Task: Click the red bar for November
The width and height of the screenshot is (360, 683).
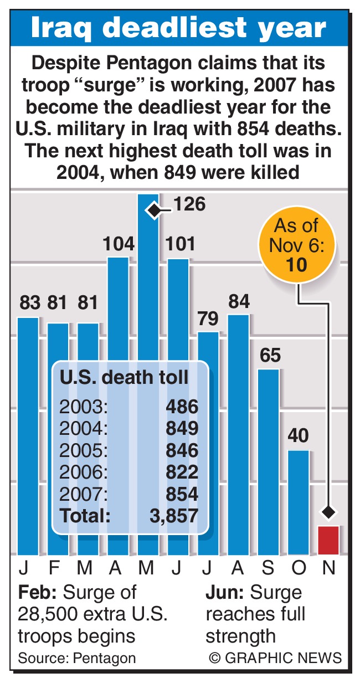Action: tap(328, 540)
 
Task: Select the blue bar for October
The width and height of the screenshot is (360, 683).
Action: tap(299, 501)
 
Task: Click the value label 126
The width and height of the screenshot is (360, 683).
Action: tap(189, 204)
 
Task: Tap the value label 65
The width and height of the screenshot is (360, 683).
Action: tap(270, 355)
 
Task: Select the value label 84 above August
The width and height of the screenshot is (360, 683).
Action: tap(239, 302)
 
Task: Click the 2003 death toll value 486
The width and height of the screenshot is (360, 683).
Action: tap(182, 407)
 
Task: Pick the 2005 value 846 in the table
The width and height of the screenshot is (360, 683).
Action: tap(182, 450)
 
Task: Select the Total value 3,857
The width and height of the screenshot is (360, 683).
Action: tap(173, 516)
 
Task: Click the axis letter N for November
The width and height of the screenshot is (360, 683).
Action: tap(328, 568)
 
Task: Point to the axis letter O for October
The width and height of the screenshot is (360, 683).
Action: tap(299, 568)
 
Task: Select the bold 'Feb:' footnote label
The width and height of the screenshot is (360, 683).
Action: tap(38, 593)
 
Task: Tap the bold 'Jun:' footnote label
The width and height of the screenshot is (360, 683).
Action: tap(225, 593)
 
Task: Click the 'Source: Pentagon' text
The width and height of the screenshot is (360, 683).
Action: tap(77, 658)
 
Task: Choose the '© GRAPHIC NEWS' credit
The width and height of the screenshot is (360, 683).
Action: tap(275, 658)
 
